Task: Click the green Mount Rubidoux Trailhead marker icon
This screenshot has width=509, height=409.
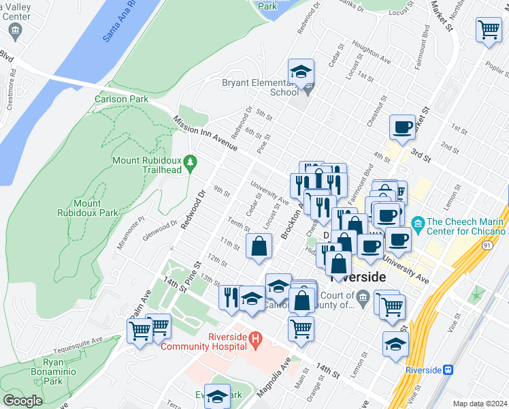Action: coord(192,163)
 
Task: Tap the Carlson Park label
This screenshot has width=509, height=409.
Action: coord(121,99)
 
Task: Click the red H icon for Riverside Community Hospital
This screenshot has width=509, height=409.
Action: coord(255,337)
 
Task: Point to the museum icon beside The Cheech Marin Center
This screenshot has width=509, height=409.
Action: coord(418,223)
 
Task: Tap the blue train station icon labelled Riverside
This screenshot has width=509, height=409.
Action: coord(448,369)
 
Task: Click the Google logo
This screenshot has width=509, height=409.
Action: coord(22,401)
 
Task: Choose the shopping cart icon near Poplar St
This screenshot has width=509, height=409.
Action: coord(489,31)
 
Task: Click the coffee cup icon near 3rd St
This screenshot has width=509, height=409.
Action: coord(402,127)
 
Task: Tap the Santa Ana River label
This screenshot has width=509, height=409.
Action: coord(120,21)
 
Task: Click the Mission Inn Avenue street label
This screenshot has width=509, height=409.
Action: coord(205,133)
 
